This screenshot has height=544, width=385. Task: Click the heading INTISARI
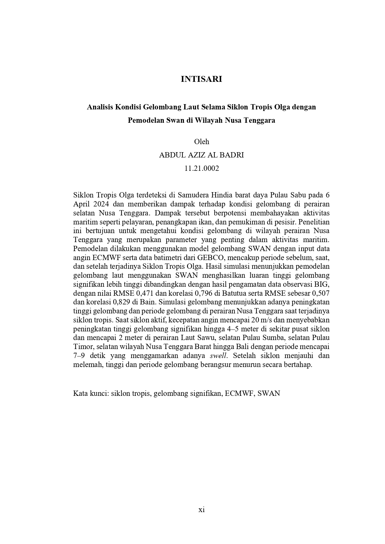(x=201, y=79)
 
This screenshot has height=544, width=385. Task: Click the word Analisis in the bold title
(x=100, y=107)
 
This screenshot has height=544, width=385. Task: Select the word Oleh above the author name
(x=201, y=142)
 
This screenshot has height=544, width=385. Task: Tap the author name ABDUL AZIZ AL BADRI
(x=201, y=155)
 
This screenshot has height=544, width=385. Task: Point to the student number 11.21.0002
(x=201, y=168)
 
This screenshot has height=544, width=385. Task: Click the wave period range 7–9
(x=79, y=356)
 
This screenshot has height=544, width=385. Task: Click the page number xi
(x=201, y=510)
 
